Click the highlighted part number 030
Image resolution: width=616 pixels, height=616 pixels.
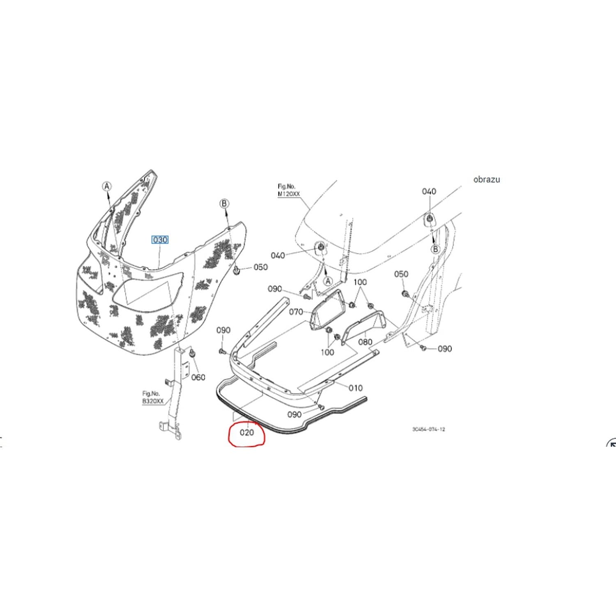click(160, 239)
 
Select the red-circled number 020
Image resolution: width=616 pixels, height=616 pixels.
click(247, 432)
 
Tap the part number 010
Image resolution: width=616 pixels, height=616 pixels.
click(356, 388)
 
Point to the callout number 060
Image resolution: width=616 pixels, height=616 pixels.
click(198, 377)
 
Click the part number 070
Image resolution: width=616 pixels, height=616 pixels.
click(296, 312)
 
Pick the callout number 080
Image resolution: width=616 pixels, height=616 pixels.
click(365, 342)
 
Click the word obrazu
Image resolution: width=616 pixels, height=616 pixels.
click(487, 179)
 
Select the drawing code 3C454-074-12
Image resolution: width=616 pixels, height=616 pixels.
click(429, 429)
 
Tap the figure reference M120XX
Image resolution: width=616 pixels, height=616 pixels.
click(289, 193)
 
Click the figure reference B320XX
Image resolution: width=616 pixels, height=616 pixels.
click(153, 401)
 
